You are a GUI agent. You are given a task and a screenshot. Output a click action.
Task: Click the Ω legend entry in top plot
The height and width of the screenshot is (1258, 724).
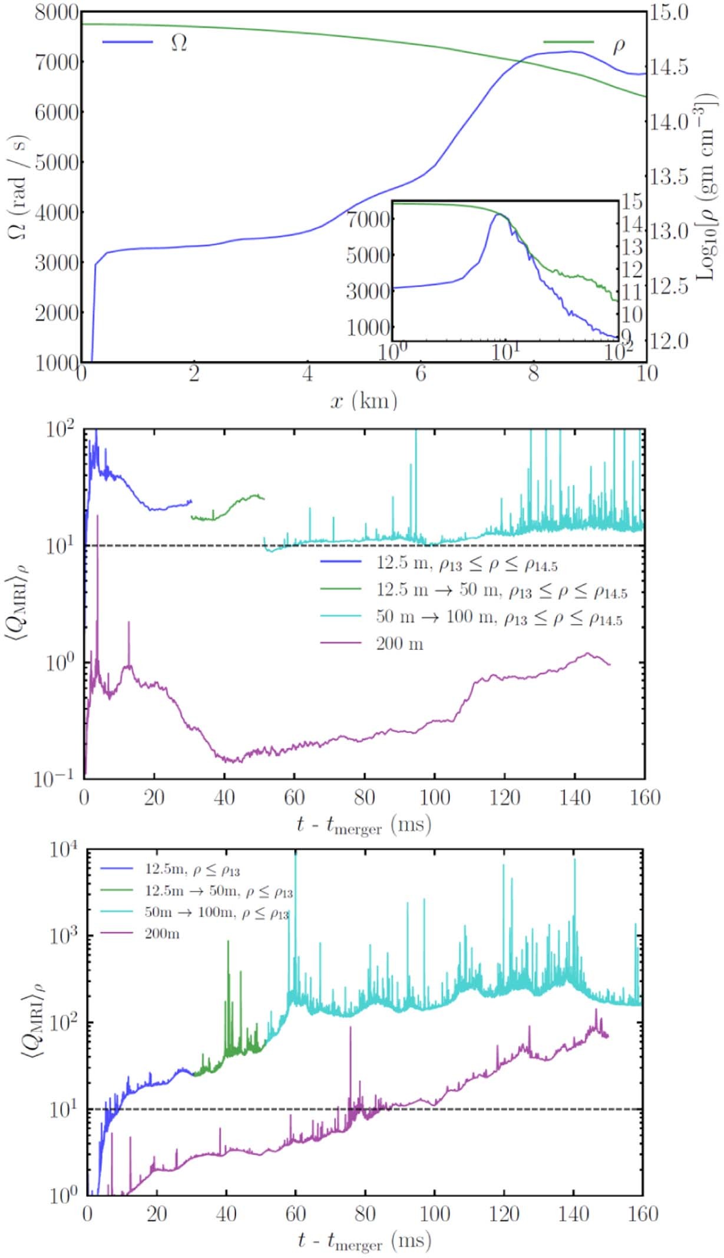tap(144, 42)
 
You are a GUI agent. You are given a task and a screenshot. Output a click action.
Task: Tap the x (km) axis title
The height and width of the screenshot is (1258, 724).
tap(363, 401)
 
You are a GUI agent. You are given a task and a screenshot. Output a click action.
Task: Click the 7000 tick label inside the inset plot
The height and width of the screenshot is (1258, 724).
tap(369, 220)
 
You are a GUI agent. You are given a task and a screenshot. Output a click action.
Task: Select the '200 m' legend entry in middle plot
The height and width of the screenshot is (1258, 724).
tap(399, 643)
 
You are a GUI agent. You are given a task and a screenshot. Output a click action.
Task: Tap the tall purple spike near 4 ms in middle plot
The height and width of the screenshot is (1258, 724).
tap(97, 516)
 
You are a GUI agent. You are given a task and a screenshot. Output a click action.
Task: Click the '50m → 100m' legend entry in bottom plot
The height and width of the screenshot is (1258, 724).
tap(215, 913)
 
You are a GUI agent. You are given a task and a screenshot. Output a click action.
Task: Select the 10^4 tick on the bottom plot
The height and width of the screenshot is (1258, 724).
tap(64, 850)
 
